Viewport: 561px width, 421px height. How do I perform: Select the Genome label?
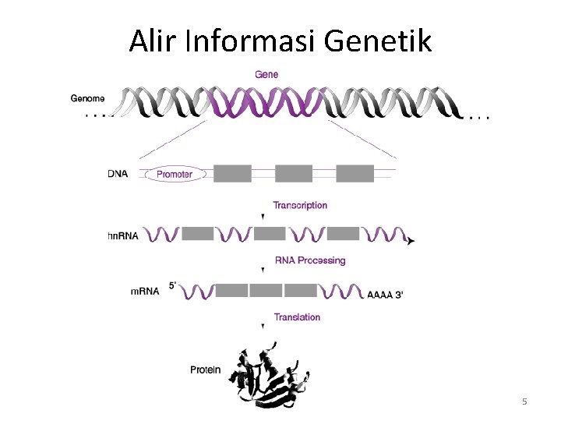(x=87, y=99)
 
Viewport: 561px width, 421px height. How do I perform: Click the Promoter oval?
(x=175, y=175)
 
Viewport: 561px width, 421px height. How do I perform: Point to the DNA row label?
(x=118, y=174)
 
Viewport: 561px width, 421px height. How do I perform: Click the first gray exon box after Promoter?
(x=232, y=173)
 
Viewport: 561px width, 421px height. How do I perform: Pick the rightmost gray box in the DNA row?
(x=355, y=173)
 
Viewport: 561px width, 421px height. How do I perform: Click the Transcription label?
(x=300, y=206)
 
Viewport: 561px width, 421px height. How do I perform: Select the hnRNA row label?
(x=123, y=235)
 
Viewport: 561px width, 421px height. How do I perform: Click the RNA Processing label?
(x=310, y=260)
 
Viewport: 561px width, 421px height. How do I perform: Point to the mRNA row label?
(x=145, y=291)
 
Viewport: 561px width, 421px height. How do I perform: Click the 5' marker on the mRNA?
(x=172, y=285)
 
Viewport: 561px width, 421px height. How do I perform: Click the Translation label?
(x=297, y=317)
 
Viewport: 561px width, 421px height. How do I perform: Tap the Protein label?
(x=206, y=370)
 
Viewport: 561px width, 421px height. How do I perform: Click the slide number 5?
(x=524, y=402)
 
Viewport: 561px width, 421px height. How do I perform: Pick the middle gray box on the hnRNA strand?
(x=270, y=233)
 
